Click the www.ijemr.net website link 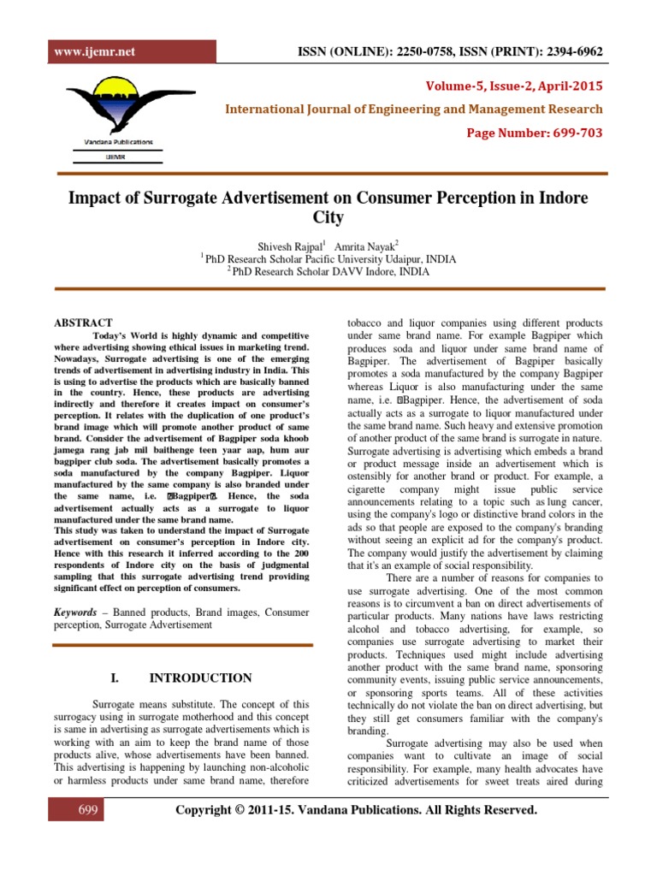coord(83,51)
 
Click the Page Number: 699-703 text coord(534,133)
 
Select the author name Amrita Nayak coord(362,244)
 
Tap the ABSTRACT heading coord(83,323)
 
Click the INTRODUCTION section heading coord(200,678)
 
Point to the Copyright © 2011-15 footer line coord(356,810)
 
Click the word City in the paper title coord(328,217)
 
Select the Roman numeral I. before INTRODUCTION coord(115,678)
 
